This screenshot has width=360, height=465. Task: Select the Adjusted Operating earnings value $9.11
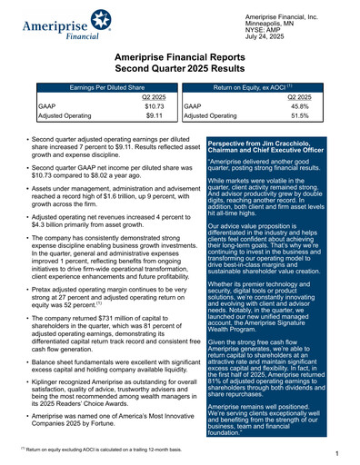pos(153,116)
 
